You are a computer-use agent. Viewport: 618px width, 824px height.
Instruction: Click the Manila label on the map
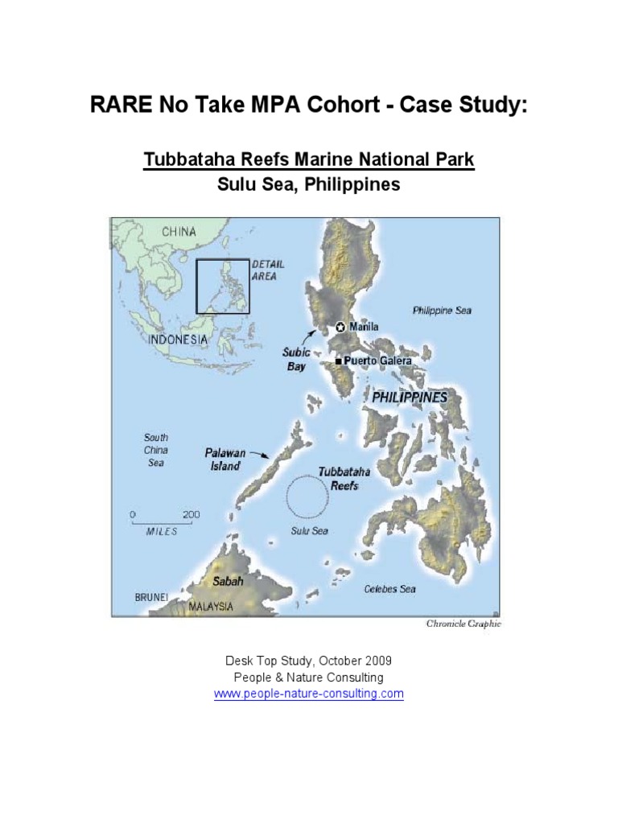[364, 327]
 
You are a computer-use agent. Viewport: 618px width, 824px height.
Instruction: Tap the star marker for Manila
[340, 327]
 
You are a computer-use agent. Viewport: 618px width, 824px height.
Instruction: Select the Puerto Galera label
[377, 360]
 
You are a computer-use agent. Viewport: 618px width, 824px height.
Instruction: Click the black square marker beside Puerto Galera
[338, 361]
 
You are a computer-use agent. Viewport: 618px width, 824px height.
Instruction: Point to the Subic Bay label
[295, 359]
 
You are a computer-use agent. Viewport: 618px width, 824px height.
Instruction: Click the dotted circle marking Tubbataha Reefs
[310, 498]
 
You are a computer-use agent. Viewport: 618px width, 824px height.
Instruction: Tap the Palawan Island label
[225, 459]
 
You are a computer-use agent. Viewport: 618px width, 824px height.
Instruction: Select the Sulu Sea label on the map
[309, 531]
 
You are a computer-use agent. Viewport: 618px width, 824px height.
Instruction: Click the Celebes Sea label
[389, 589]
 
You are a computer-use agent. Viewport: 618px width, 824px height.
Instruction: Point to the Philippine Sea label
[442, 311]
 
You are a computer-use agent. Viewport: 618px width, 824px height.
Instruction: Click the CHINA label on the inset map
[179, 232]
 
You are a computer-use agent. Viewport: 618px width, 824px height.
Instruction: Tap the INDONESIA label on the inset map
[177, 340]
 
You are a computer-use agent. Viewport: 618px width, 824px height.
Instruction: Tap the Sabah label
[228, 579]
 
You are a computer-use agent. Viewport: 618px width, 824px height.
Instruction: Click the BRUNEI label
[151, 597]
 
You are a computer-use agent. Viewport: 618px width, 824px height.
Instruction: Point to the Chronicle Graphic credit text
[463, 623]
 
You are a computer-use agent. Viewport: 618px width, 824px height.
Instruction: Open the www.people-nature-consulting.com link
[308, 694]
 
